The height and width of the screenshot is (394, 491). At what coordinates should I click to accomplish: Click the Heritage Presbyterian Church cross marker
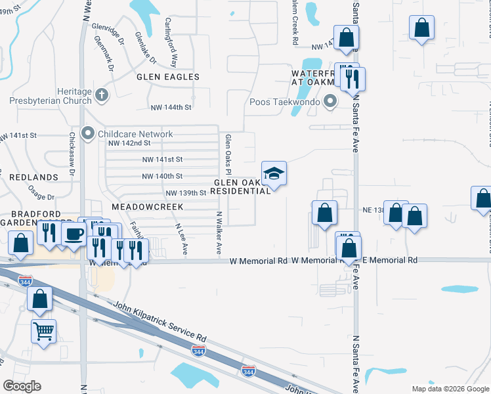pyautogui.click(x=101, y=95)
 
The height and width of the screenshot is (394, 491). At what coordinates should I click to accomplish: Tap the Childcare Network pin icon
pyautogui.click(x=87, y=134)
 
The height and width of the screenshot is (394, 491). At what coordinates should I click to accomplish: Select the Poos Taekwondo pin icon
pyautogui.click(x=330, y=102)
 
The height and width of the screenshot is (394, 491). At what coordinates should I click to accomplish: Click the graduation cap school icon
pyautogui.click(x=274, y=174)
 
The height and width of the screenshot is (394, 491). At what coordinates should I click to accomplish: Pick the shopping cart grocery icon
pyautogui.click(x=43, y=332)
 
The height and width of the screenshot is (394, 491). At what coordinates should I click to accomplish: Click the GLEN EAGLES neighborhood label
pyautogui.click(x=167, y=77)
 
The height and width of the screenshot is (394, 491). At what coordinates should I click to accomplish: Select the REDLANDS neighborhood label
pyautogui.click(x=24, y=178)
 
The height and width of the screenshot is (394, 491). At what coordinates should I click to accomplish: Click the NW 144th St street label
pyautogui.click(x=170, y=107)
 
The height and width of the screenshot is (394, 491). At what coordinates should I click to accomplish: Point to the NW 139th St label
pyautogui.click(x=186, y=193)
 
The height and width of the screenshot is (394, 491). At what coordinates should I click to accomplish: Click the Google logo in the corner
pyautogui.click(x=22, y=386)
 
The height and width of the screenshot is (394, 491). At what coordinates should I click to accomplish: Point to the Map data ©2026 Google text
pyautogui.click(x=450, y=389)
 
